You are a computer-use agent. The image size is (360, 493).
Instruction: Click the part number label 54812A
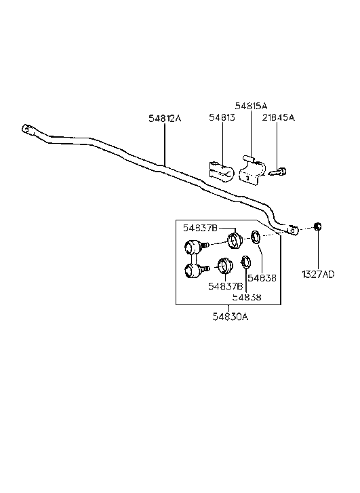(165, 118)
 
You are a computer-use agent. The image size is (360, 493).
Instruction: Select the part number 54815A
(251, 106)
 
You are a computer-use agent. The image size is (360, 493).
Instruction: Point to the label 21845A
(279, 118)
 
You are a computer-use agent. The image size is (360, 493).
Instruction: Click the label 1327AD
(318, 274)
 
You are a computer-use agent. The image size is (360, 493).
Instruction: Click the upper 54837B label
(201, 229)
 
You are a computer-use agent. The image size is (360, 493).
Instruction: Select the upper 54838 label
(261, 277)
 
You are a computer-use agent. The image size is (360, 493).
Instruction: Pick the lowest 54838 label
(247, 296)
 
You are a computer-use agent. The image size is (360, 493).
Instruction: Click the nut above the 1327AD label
(318, 227)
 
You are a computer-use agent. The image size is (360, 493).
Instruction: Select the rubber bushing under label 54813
(220, 171)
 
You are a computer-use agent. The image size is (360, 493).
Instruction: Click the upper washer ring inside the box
(257, 238)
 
